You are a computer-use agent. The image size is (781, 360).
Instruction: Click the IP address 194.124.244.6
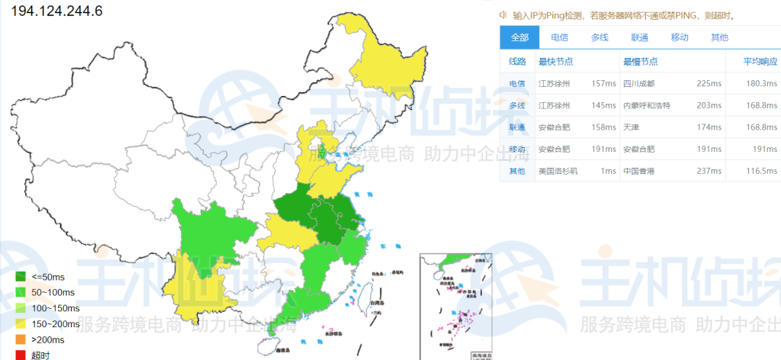[56, 11]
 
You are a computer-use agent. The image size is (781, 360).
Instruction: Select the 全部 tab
[519, 37]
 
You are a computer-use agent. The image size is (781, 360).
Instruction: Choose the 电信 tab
[559, 37]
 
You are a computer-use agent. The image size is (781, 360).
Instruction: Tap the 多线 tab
[599, 37]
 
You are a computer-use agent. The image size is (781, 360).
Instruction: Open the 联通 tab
[639, 37]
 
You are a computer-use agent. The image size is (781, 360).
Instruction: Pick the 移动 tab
[680, 37]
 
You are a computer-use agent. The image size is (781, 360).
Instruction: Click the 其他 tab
[719, 37]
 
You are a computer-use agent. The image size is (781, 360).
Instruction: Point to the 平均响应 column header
[760, 62]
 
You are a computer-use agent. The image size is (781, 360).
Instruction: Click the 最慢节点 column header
[641, 62]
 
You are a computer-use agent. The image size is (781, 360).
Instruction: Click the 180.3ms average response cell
[760, 84]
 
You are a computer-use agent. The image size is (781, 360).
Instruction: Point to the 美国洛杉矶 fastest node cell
[558, 171]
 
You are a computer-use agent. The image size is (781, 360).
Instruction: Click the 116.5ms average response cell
[760, 171]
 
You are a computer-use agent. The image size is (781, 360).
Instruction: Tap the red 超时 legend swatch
[21, 355]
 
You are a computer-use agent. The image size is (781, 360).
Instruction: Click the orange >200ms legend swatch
[21, 339]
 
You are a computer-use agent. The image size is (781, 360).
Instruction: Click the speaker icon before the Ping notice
[503, 14]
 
